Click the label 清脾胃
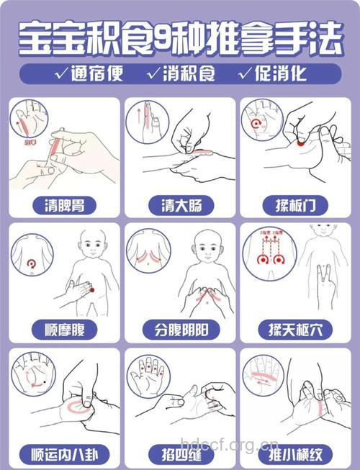(64, 204)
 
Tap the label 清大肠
(180, 204)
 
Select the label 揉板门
(295, 204)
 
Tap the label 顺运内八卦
(64, 454)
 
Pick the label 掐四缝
(180, 454)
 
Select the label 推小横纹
(295, 454)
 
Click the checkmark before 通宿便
(60, 73)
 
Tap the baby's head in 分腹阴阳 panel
(209, 247)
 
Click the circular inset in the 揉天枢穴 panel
(267, 256)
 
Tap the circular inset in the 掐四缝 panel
(147, 375)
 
